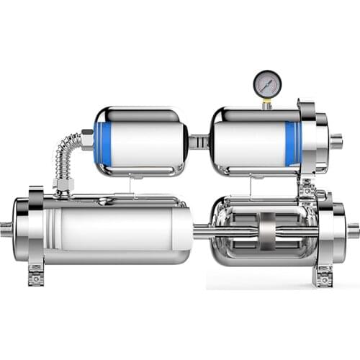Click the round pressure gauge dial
pos(266,84)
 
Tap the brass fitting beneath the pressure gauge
pos(266,104)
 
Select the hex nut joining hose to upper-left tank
pos(87,139)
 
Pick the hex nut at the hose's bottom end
pos(63,186)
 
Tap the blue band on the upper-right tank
pos(292,141)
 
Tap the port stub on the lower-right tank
pos(352,230)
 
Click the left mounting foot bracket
pos(36,274)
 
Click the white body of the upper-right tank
pos(248,141)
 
